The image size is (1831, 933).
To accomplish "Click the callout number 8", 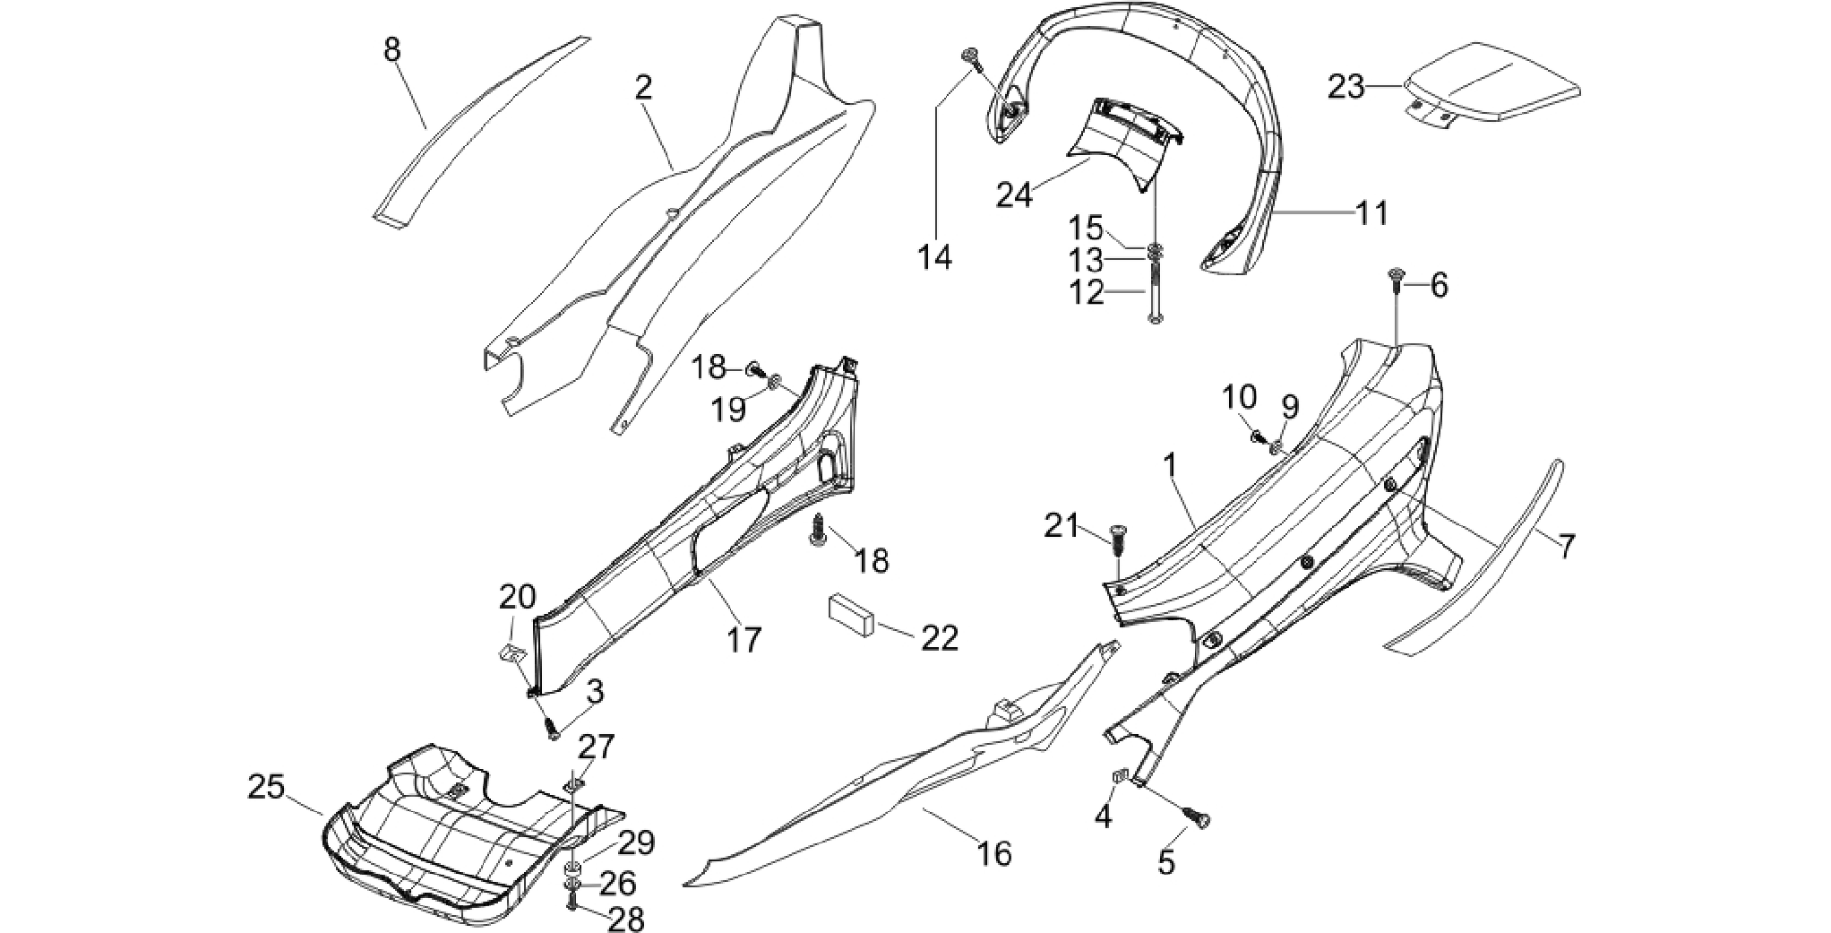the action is pyautogui.click(x=391, y=50).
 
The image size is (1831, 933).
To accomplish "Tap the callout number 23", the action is pyautogui.click(x=1346, y=87).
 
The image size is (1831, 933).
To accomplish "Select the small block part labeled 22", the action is pyautogui.click(x=852, y=613).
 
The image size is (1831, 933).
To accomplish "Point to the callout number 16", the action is pyautogui.click(x=994, y=854).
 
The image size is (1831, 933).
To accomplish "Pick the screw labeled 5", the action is pyautogui.click(x=1198, y=816).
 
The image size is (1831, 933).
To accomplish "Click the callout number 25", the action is pyautogui.click(x=266, y=788).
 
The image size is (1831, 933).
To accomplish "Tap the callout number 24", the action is pyautogui.click(x=1014, y=194).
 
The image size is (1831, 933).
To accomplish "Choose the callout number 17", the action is pyautogui.click(x=744, y=639).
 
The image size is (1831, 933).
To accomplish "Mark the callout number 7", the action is pyautogui.click(x=1566, y=546).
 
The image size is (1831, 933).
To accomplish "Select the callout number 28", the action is pyautogui.click(x=625, y=919).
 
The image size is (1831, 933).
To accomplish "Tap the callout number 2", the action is pyautogui.click(x=643, y=88).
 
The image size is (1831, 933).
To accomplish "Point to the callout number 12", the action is pyautogui.click(x=1087, y=292).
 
